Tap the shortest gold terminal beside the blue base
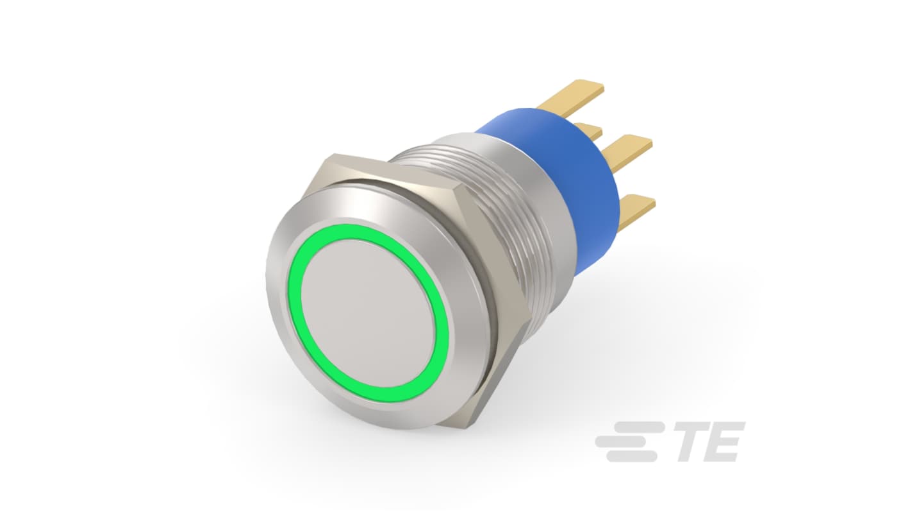589,130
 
